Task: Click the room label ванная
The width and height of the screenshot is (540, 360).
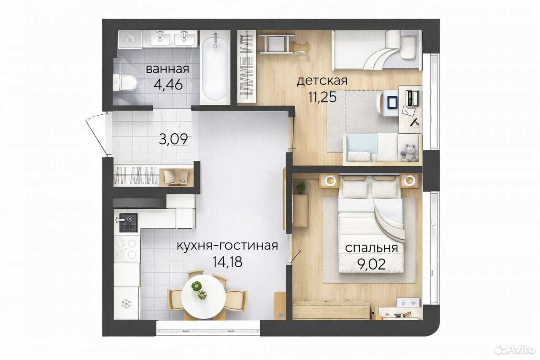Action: [167, 69]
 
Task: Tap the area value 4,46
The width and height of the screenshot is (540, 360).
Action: [168, 84]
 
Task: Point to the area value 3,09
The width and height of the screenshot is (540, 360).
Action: [173, 139]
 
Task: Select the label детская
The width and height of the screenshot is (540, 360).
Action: [322, 81]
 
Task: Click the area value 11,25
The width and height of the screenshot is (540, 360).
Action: [322, 97]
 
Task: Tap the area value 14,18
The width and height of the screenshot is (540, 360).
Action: [227, 261]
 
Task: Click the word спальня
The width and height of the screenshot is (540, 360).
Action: [372, 248]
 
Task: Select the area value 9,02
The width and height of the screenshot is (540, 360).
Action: [370, 264]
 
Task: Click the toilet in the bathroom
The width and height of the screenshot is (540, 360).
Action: [125, 83]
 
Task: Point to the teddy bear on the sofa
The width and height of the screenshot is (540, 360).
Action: [409, 153]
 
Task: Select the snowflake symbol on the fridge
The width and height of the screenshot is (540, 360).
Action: [126, 303]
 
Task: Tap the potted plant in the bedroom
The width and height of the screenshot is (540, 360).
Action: [301, 187]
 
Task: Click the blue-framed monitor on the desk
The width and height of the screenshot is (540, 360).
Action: [393, 103]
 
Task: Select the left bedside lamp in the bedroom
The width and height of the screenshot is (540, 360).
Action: [329, 180]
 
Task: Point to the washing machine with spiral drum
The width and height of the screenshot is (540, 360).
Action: [130, 39]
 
